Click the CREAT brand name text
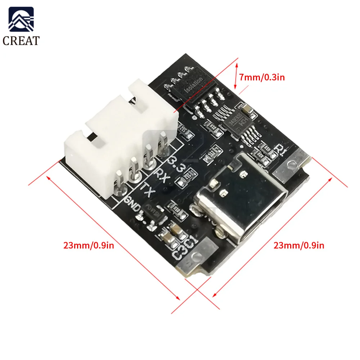click(x=21, y=40)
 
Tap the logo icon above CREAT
click(x=21, y=20)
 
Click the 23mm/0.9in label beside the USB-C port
click(x=299, y=246)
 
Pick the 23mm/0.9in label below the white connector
click(x=89, y=246)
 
